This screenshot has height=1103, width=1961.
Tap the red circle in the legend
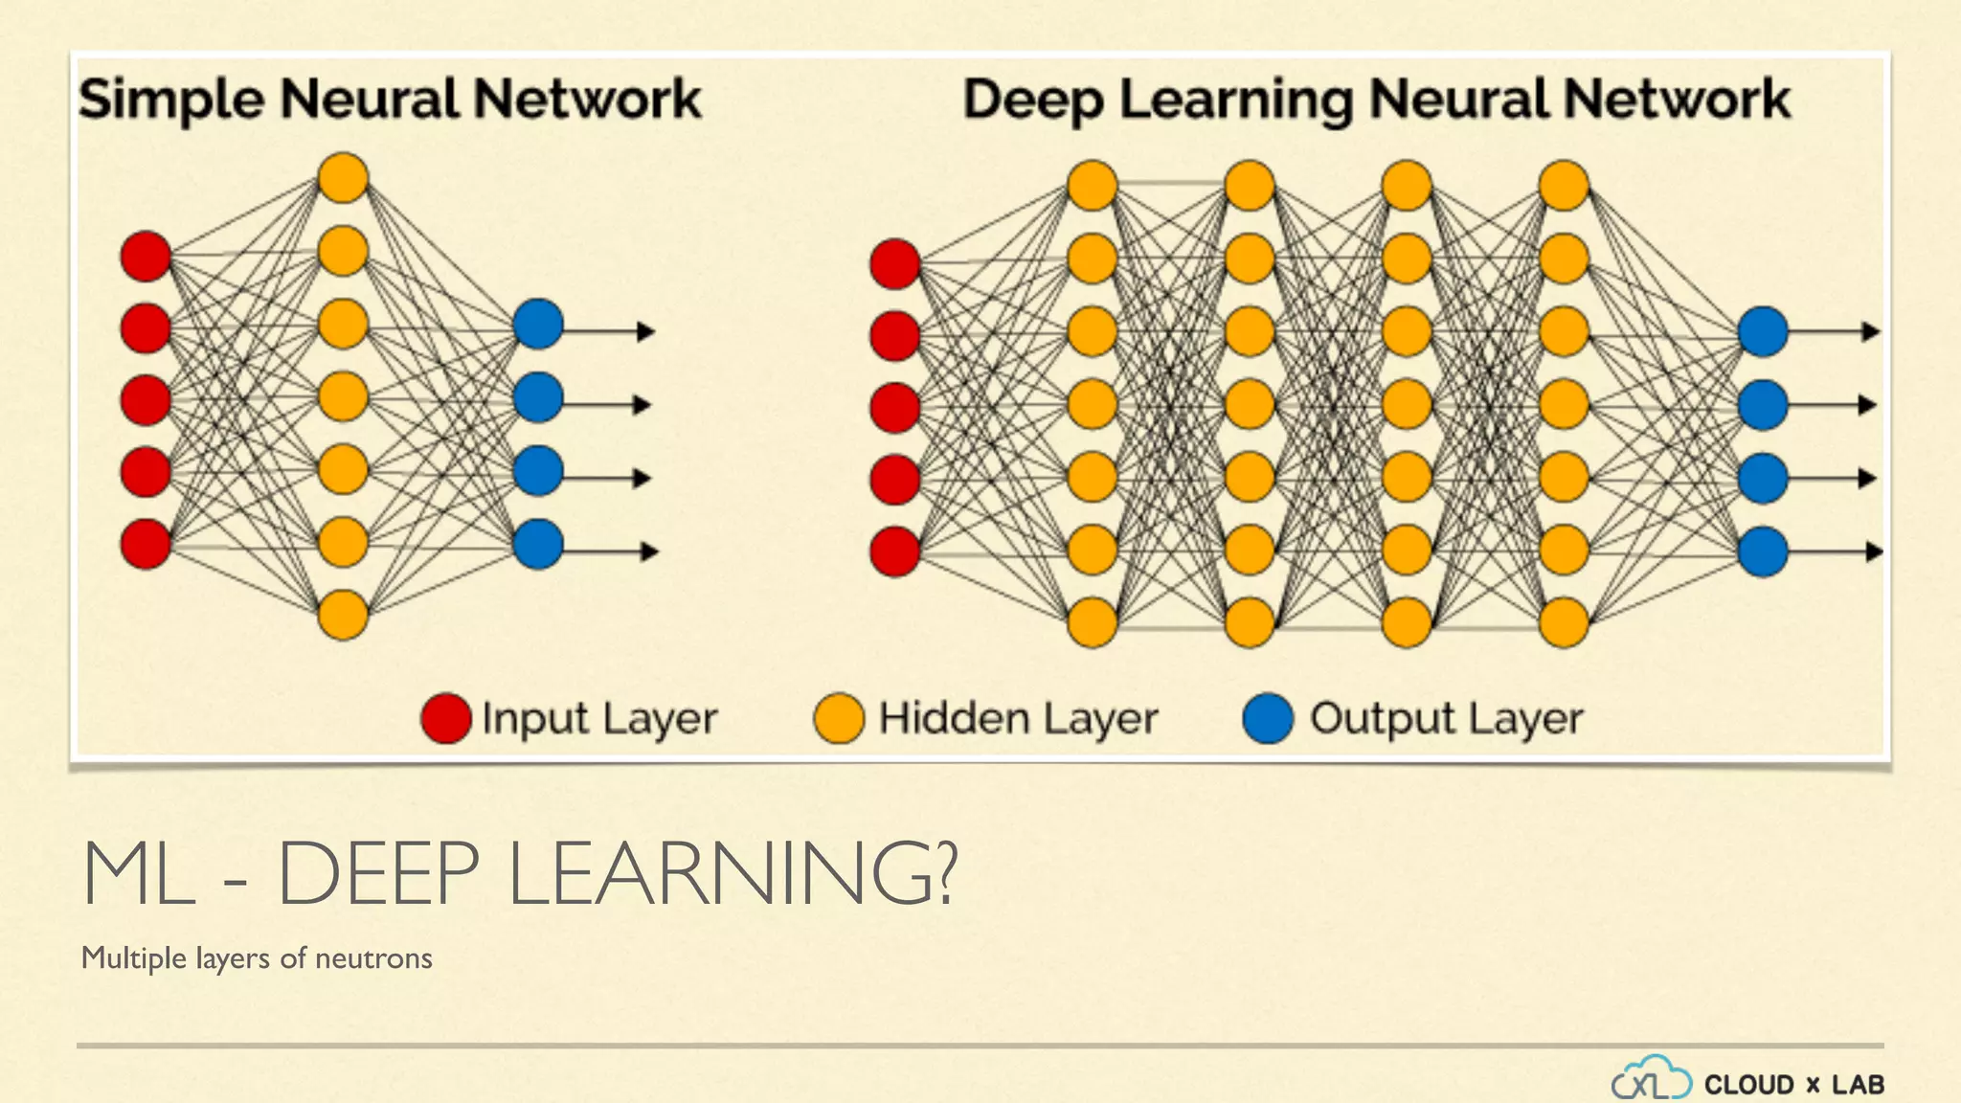coord(446,719)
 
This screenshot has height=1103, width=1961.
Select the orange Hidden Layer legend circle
coord(839,719)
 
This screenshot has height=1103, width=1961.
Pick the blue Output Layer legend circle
coord(1268,719)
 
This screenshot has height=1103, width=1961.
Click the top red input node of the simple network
coord(146,257)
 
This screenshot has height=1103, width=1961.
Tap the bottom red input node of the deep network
coord(895,551)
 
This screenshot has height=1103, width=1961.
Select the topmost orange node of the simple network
coord(343,178)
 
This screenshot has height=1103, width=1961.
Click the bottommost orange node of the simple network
coord(343,615)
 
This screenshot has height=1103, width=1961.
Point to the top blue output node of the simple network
coord(538,325)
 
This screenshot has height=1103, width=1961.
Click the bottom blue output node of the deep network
coord(1763,551)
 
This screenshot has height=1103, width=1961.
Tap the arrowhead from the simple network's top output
coord(646,331)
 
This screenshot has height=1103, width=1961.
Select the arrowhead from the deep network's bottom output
coord(1873,551)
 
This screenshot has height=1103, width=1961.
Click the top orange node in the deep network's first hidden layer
coord(1093,186)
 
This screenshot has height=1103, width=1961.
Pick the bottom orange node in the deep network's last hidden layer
coord(1564,622)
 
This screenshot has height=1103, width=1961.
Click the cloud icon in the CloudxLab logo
coord(1651,1079)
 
